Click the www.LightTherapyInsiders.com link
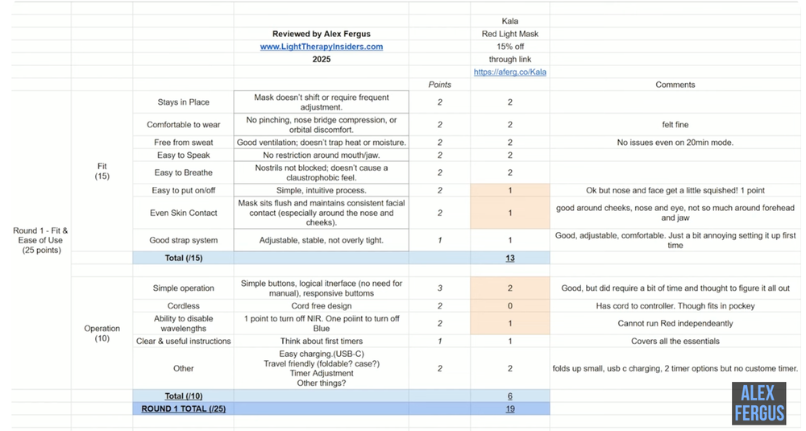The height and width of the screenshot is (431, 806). click(x=321, y=47)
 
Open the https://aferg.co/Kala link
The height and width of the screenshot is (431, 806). click(x=510, y=72)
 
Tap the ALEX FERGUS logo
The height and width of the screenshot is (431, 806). click(x=758, y=403)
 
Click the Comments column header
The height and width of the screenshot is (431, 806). click(x=675, y=85)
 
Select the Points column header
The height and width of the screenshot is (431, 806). click(x=439, y=85)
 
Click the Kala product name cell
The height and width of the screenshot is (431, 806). click(x=510, y=21)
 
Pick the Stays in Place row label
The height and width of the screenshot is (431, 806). click(x=183, y=102)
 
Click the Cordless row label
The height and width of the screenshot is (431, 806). click(x=183, y=305)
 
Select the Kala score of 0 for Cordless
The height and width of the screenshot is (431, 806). click(x=510, y=305)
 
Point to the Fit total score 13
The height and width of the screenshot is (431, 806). click(x=510, y=258)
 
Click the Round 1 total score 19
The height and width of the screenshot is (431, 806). click(x=510, y=408)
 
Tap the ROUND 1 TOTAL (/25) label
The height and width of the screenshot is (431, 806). click(x=183, y=408)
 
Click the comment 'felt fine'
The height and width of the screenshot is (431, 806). click(x=675, y=125)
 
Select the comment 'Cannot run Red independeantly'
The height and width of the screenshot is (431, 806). click(x=675, y=323)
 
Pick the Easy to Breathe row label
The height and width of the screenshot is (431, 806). click(x=183, y=172)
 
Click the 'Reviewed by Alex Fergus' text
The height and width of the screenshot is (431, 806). click(x=321, y=35)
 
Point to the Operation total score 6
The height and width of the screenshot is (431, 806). click(x=510, y=396)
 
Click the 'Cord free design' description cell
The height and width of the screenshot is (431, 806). click(x=321, y=305)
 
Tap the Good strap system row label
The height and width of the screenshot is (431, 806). click(x=183, y=240)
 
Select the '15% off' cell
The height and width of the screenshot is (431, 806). click(x=510, y=47)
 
